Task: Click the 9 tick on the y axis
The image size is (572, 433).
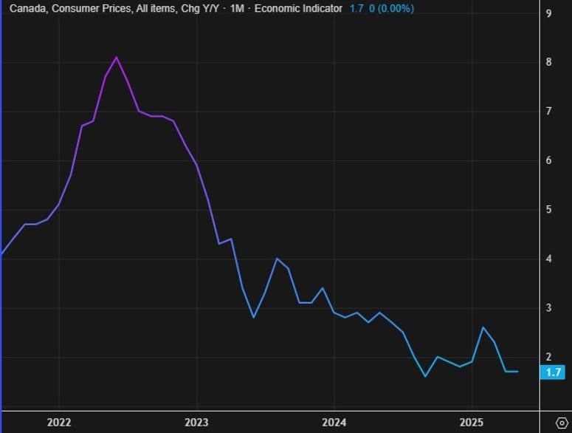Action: [x=548, y=13]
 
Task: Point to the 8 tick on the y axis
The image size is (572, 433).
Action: [x=548, y=62]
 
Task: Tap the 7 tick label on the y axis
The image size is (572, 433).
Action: [x=548, y=111]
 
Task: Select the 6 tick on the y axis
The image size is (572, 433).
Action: [x=548, y=160]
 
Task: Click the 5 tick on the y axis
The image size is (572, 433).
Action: [x=548, y=209]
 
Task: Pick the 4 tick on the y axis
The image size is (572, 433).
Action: [x=548, y=259]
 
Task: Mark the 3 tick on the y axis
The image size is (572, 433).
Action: [x=548, y=307]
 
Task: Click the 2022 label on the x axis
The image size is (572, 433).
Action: [x=59, y=422]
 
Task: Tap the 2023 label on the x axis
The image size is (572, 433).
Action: [x=196, y=422]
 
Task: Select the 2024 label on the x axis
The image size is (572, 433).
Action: [x=334, y=422]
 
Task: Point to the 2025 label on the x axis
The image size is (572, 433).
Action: [x=472, y=422]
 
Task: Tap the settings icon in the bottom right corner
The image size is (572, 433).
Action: [x=560, y=422]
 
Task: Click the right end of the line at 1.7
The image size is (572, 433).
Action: [x=517, y=371]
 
